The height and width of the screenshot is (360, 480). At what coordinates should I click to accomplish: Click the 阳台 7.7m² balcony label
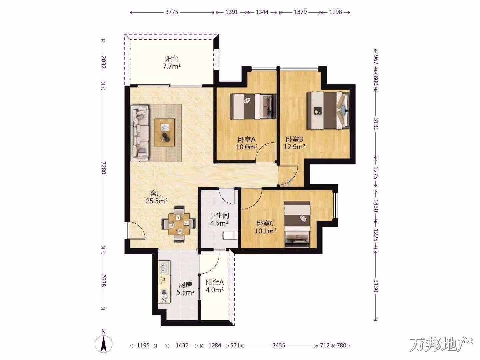[172, 63]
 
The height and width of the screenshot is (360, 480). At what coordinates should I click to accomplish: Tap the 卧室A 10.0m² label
[246, 143]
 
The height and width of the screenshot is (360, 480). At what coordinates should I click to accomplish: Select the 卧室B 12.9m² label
[294, 143]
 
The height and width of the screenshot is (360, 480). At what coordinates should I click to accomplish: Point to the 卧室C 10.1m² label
[265, 227]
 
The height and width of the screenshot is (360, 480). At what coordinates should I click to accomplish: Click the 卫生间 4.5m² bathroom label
[219, 219]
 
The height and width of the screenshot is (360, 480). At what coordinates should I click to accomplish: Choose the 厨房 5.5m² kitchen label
[185, 288]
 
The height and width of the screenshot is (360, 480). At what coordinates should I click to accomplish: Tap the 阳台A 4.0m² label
[215, 286]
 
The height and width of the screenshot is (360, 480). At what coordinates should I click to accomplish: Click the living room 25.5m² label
[157, 197]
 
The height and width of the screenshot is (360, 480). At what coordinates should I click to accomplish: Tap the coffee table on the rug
[165, 132]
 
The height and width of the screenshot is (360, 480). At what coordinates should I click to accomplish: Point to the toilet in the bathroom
[230, 236]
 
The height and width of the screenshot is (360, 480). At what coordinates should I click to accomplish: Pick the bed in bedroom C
[297, 225]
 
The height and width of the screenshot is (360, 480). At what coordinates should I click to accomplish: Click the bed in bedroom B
[328, 110]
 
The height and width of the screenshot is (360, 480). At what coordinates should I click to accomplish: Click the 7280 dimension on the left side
[104, 168]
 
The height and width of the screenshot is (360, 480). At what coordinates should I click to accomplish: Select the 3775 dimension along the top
[172, 12]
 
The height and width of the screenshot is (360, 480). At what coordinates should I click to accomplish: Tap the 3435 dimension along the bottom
[279, 345]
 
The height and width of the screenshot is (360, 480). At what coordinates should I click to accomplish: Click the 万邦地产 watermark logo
[441, 345]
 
